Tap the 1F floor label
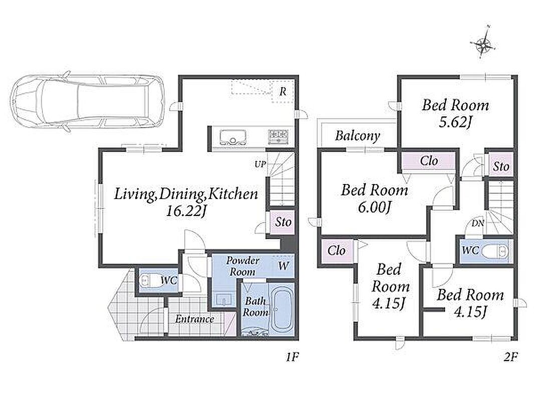(292, 357)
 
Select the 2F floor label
(510, 357)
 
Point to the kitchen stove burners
(278, 136)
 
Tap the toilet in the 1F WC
(146, 280)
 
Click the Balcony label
(358, 136)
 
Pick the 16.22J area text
(186, 211)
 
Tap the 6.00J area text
(374, 206)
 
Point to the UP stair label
(260, 164)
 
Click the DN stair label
(478, 223)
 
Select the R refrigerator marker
(283, 91)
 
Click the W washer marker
(284, 266)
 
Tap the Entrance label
(194, 319)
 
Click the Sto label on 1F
(284, 222)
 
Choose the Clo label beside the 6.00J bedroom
(429, 160)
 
